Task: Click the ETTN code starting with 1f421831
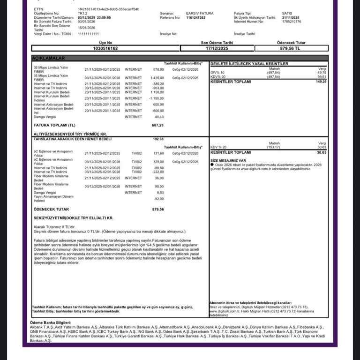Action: pyautogui.click(x=108, y=9)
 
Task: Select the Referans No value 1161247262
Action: pyautogui.click(x=196, y=17)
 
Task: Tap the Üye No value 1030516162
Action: pyautogui.click(x=105, y=48)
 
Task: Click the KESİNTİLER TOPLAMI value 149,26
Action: pyautogui.click(x=321, y=82)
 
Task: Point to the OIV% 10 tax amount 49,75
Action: pyautogui.click(x=322, y=73)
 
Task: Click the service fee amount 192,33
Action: pyautogui.click(x=158, y=139)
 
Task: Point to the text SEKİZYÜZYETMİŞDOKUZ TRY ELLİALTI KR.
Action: pyautogui.click(x=73, y=218)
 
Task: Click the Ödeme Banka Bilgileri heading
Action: pyautogui.click(x=50, y=323)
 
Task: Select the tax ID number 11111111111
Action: pyautogui.click(x=89, y=34)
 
